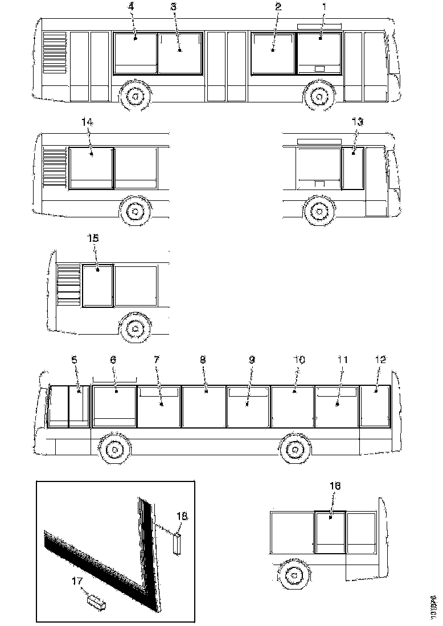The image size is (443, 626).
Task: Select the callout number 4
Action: click(131, 7)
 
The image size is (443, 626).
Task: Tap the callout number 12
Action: click(380, 360)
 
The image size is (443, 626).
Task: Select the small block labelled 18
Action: click(178, 543)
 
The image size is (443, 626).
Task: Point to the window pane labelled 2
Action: click(273, 54)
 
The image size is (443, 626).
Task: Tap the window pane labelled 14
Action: click(91, 168)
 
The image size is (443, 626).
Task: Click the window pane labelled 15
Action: click(98, 285)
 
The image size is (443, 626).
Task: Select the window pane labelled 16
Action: click(331, 532)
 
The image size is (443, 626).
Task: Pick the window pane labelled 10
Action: click(293, 405)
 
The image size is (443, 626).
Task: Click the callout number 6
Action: click(113, 360)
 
